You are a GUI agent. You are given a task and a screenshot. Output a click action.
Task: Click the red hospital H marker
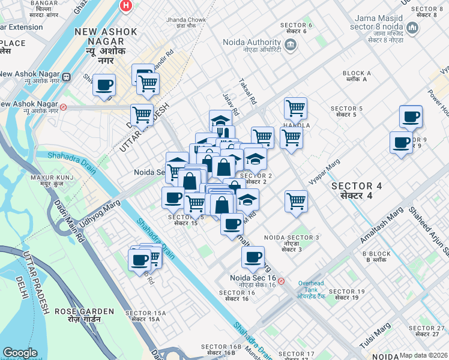(x=125, y=5)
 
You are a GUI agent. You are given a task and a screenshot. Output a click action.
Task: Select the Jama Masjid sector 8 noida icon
(x=412, y=28)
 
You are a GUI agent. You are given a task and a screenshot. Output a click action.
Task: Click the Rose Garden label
(x=84, y=314)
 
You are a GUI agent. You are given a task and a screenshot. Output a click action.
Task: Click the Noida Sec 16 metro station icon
(x=282, y=281)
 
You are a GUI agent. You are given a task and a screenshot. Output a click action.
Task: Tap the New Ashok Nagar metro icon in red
(x=63, y=108)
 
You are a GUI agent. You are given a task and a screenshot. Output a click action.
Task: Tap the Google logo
(x=19, y=353)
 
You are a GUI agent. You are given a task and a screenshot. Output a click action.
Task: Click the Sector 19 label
(x=347, y=295)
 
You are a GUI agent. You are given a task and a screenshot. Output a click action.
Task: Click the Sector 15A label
(x=142, y=316)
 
